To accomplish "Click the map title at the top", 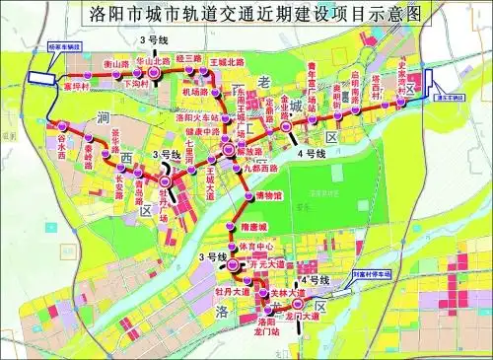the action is (x=246, y=15).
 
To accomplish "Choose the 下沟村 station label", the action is (x=137, y=85).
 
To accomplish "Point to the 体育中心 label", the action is (x=255, y=245).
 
